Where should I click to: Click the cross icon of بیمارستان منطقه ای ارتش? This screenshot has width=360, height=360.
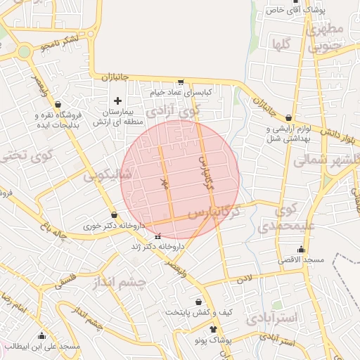117,101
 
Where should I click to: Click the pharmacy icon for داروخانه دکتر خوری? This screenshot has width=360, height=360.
115,214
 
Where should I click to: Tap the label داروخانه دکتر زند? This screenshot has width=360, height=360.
157,247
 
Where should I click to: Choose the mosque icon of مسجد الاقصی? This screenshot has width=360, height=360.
301,249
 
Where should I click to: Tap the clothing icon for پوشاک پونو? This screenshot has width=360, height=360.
213,329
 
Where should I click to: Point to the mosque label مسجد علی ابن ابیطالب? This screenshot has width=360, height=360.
41,346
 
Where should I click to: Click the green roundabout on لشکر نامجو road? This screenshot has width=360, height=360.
25,51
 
